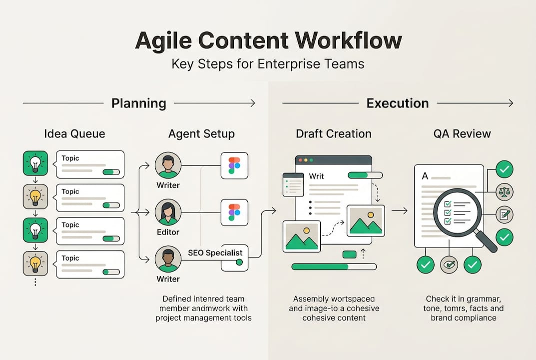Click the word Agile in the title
click(164, 41)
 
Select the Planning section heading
click(139, 103)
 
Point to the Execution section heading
click(398, 103)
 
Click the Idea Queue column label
click(74, 134)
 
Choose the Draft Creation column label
click(334, 134)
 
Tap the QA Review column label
click(462, 134)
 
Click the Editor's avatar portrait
click(168, 212)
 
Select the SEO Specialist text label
click(215, 252)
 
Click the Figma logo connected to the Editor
click(234, 211)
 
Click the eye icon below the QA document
click(449, 264)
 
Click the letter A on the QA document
click(425, 176)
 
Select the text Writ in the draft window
click(317, 176)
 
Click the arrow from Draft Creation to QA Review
click(400, 211)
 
